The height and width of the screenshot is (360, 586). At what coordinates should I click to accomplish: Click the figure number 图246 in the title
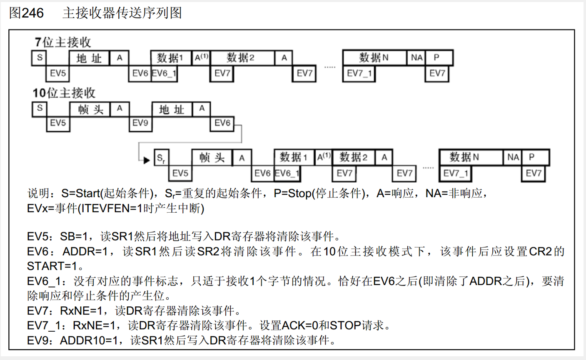(26, 13)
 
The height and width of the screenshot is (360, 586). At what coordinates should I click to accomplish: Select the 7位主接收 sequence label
(62, 42)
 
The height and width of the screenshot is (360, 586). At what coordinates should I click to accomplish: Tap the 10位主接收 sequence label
(64, 93)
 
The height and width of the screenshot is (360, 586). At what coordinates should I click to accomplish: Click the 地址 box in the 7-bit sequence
(89, 58)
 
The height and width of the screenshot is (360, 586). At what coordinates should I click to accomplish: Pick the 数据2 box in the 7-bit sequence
(242, 58)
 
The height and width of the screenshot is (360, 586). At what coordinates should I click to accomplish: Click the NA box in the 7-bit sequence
(416, 58)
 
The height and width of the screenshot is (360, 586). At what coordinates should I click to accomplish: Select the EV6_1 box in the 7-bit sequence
(164, 74)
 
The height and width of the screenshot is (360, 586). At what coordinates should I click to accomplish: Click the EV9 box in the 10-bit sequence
(140, 123)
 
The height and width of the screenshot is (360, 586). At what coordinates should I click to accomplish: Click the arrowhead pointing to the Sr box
(146, 160)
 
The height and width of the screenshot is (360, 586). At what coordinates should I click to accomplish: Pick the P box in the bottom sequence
(535, 157)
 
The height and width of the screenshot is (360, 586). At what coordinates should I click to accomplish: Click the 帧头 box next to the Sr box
(212, 158)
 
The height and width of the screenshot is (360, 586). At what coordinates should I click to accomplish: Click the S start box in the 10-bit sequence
(40, 109)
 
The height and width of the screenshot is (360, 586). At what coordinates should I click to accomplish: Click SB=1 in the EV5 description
(74, 236)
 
